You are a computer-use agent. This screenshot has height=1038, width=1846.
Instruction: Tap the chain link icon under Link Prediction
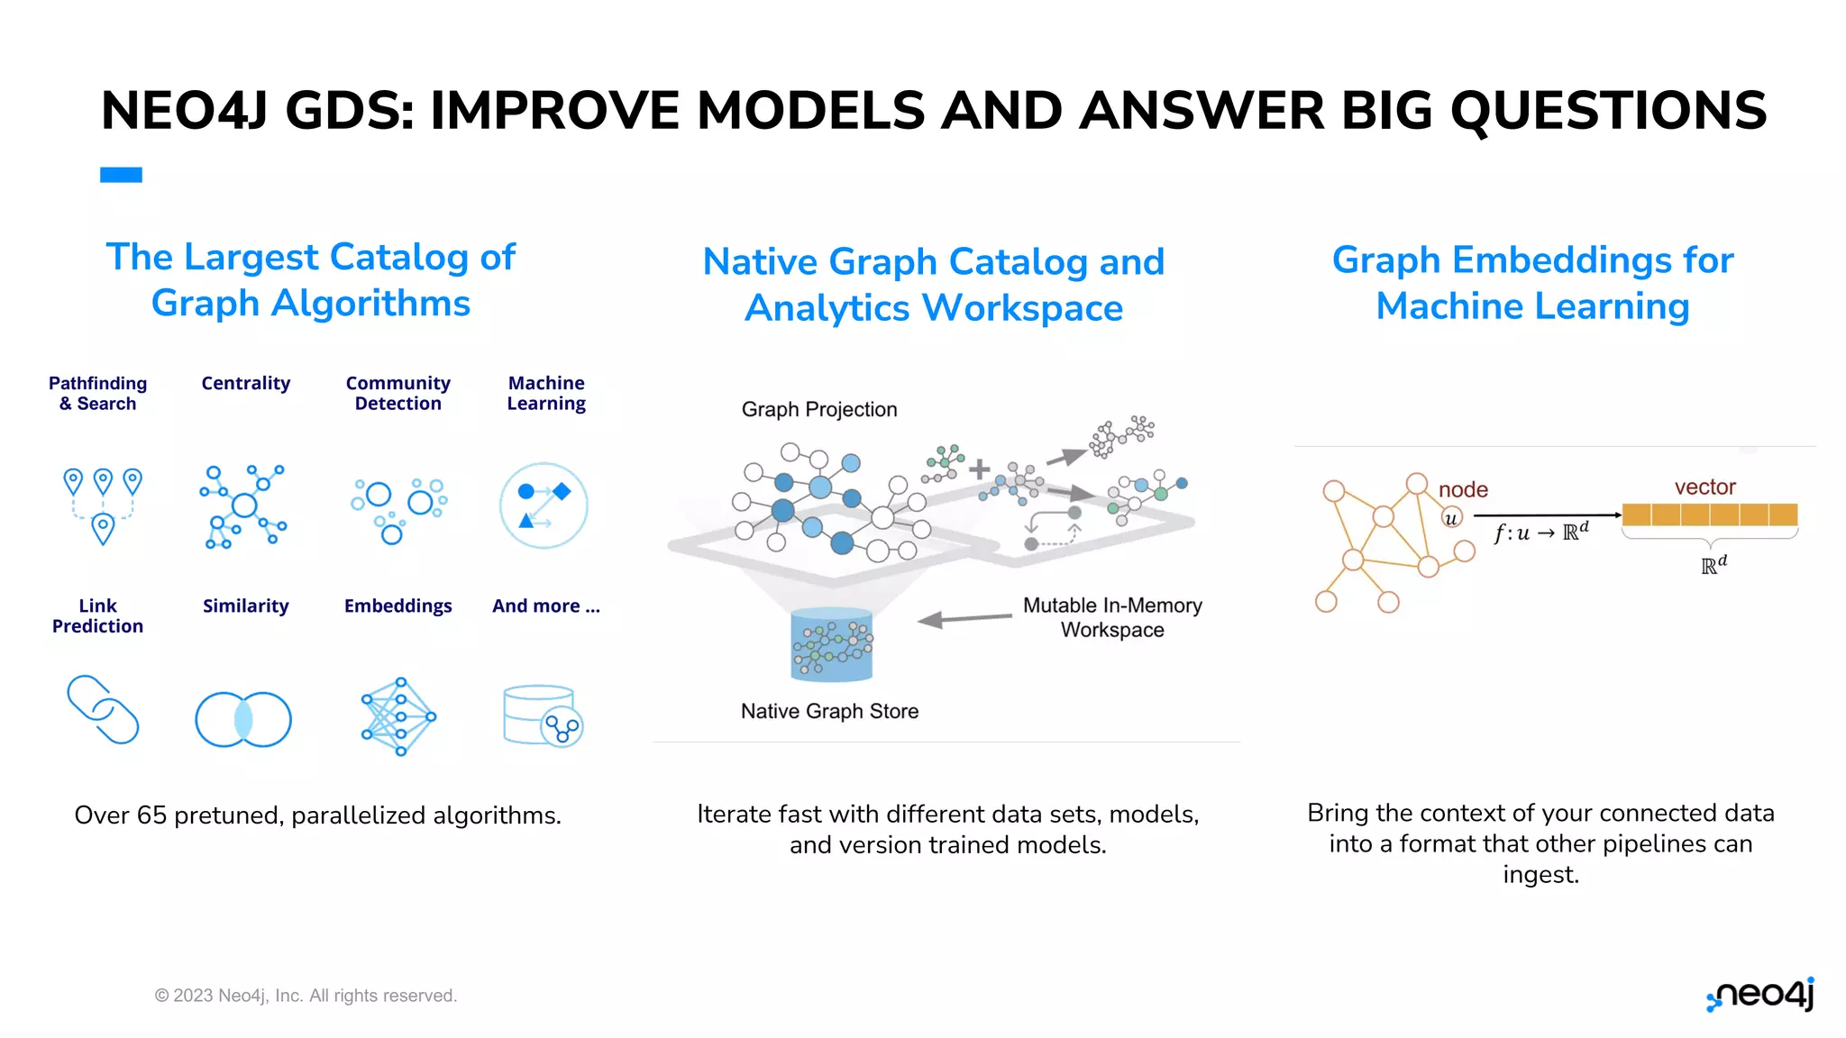tap(103, 709)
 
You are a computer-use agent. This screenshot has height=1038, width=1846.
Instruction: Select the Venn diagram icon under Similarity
tap(243, 719)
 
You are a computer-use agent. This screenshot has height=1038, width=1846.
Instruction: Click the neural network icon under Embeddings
tap(398, 716)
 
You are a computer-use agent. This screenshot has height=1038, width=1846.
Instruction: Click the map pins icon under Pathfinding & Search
tap(103, 504)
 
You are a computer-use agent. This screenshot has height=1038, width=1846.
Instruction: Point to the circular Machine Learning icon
tap(544, 505)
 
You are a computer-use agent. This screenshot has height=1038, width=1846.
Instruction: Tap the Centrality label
tap(245, 383)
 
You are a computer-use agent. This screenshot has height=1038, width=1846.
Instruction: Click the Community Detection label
tap(398, 393)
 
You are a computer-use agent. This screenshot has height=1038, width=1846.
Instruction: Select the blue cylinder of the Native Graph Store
tap(831, 645)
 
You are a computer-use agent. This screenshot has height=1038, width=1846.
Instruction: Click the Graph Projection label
tap(819, 409)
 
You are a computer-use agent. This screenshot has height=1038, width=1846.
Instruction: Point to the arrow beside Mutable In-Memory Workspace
tap(964, 619)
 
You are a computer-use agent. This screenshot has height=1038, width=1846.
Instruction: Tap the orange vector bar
tap(1709, 514)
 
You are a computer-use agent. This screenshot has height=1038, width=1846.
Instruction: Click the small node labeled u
tap(1451, 518)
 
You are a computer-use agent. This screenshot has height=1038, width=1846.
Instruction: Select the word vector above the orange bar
tap(1704, 487)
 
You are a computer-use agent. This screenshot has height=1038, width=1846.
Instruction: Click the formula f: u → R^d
tap(1540, 532)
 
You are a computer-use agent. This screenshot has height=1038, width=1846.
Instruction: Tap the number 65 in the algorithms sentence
tap(151, 815)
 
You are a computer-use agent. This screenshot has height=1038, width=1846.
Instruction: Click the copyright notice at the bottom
tap(306, 996)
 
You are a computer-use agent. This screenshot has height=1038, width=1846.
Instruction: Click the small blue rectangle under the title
tap(121, 175)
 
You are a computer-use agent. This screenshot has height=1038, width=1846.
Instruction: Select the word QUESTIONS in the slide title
tap(1608, 110)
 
